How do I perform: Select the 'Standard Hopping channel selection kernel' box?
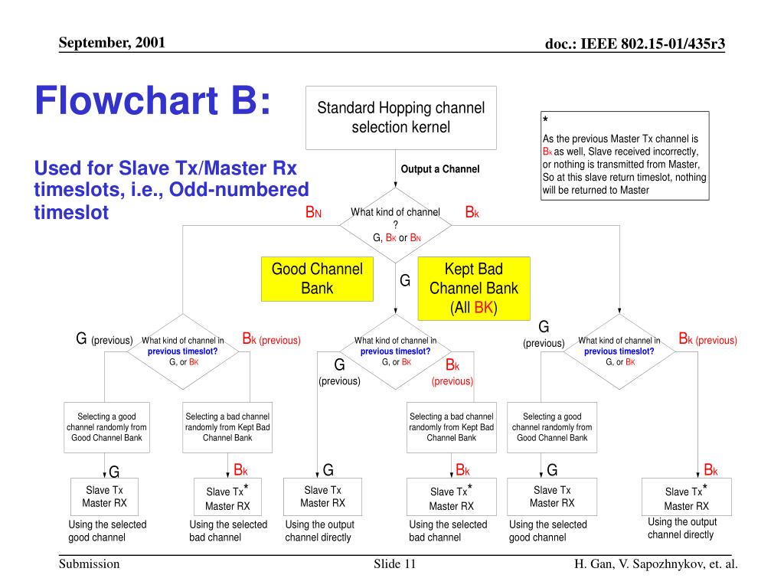point(400,118)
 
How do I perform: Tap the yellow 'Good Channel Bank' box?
point(317,279)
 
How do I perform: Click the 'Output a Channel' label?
point(439,169)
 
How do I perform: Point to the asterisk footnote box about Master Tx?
point(625,155)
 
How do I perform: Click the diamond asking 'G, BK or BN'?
point(395,224)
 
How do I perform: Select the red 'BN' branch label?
point(313,212)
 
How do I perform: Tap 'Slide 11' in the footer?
point(394,565)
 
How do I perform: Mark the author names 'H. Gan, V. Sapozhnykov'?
point(655,565)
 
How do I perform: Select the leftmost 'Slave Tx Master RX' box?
point(104,497)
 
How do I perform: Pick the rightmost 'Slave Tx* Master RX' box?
point(686,498)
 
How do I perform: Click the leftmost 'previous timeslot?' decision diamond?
point(183,351)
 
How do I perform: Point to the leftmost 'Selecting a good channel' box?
point(106,427)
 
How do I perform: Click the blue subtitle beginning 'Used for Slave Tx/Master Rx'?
point(171,189)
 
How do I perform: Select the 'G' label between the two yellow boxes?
point(405,281)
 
